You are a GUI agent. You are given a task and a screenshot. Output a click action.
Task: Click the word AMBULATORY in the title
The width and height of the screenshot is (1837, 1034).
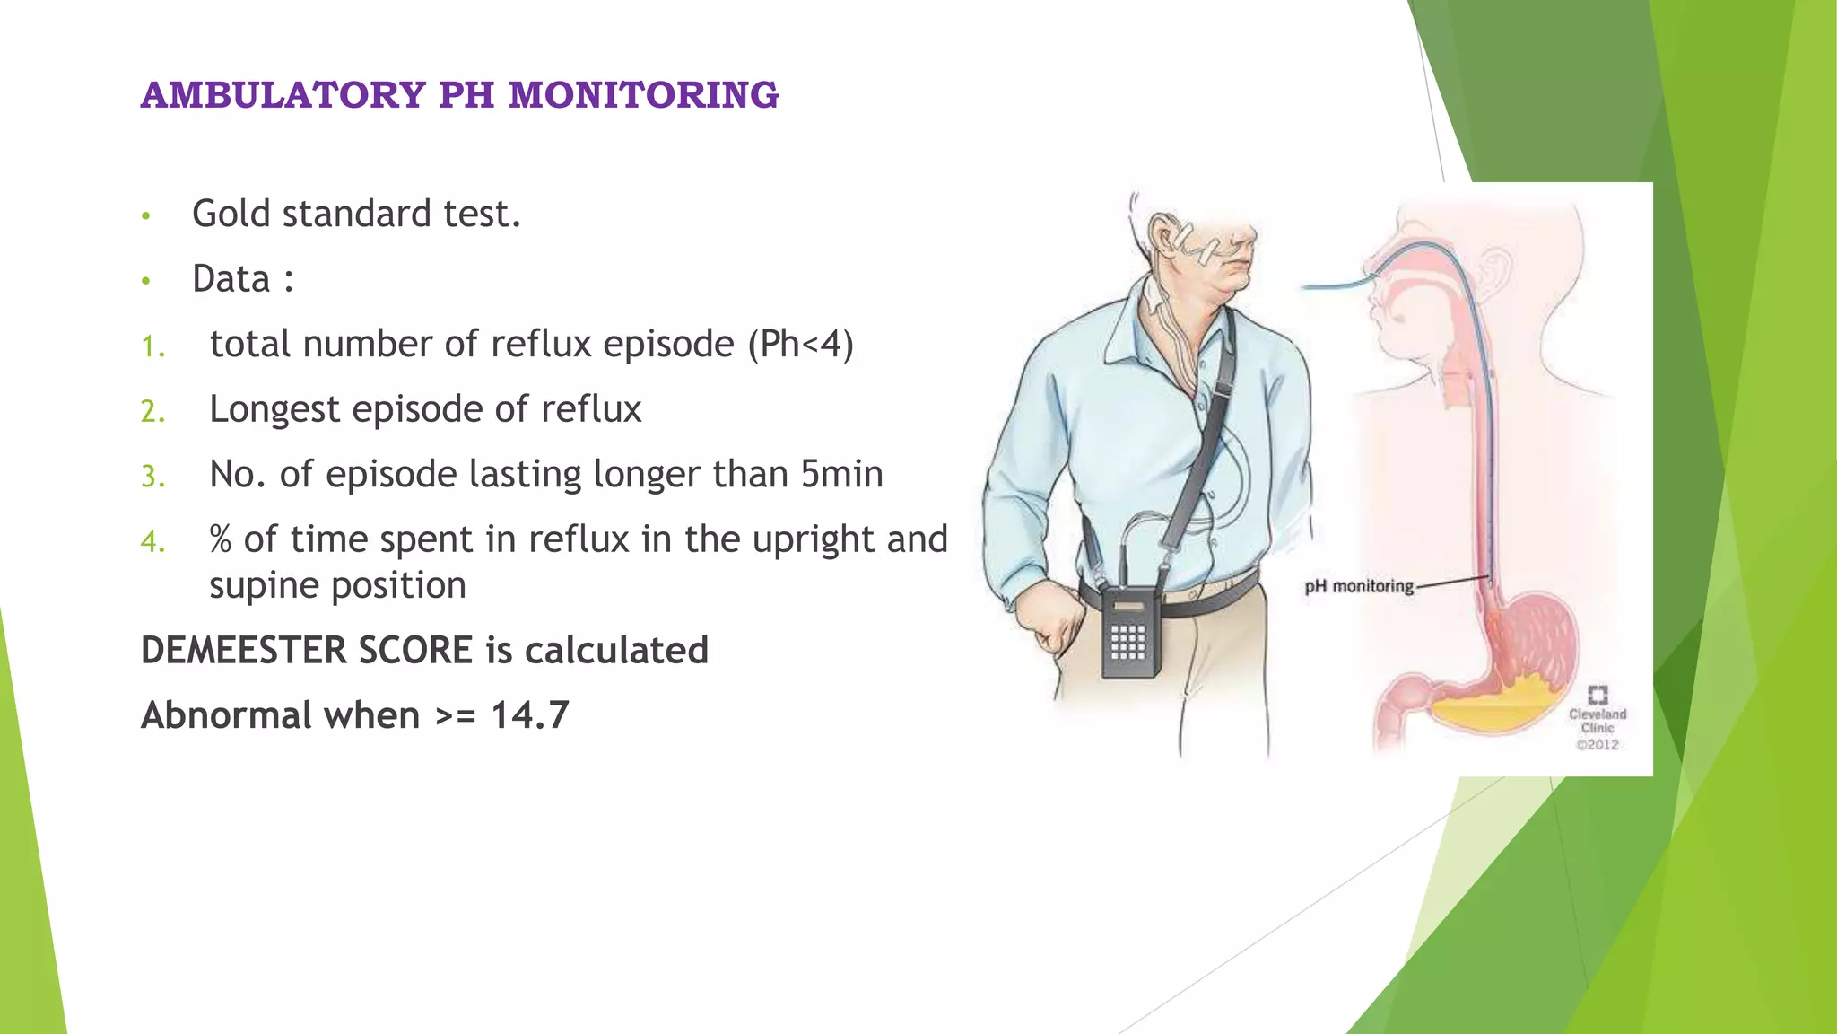point(283,95)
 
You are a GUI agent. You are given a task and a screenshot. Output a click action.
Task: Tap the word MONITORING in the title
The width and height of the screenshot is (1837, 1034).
point(643,95)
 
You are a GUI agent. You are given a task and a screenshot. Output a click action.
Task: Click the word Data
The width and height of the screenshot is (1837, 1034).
point(231,279)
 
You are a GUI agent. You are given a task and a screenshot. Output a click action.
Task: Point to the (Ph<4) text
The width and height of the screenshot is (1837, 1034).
point(800,344)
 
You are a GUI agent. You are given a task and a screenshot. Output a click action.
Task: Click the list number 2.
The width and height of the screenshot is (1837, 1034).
point(152,411)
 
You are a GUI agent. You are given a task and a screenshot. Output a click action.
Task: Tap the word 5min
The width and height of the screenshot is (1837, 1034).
point(841,474)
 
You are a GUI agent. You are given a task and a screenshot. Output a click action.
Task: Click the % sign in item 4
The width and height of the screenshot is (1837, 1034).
point(221,539)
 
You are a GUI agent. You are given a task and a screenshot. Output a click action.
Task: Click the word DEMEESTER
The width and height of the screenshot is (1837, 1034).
point(244,651)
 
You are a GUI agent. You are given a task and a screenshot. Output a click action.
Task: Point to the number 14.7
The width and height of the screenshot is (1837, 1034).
point(529,715)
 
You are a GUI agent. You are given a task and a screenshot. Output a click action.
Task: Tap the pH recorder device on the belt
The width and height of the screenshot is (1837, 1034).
point(1129,631)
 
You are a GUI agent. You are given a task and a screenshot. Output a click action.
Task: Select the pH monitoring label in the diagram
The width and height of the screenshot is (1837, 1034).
point(1358,587)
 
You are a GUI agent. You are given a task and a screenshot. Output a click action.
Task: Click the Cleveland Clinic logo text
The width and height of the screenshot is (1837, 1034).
point(1598,721)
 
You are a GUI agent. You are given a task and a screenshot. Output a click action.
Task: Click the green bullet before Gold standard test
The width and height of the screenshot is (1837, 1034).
point(145,216)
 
